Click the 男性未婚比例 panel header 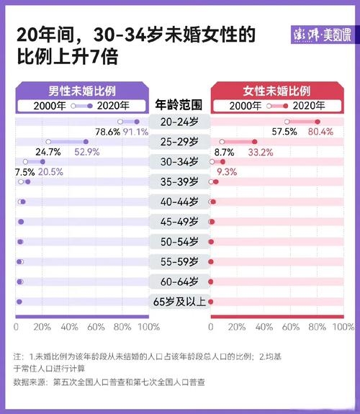point(82,91)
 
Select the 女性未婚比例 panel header point(276,91)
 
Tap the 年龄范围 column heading point(179,104)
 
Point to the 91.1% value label point(135,132)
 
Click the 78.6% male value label point(108,132)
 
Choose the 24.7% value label point(48,152)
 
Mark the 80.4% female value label point(320,132)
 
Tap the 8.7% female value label point(224,152)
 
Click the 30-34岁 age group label point(179,162)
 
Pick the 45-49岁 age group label point(179,222)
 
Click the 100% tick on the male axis point(148,327)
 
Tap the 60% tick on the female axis point(291,327)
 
